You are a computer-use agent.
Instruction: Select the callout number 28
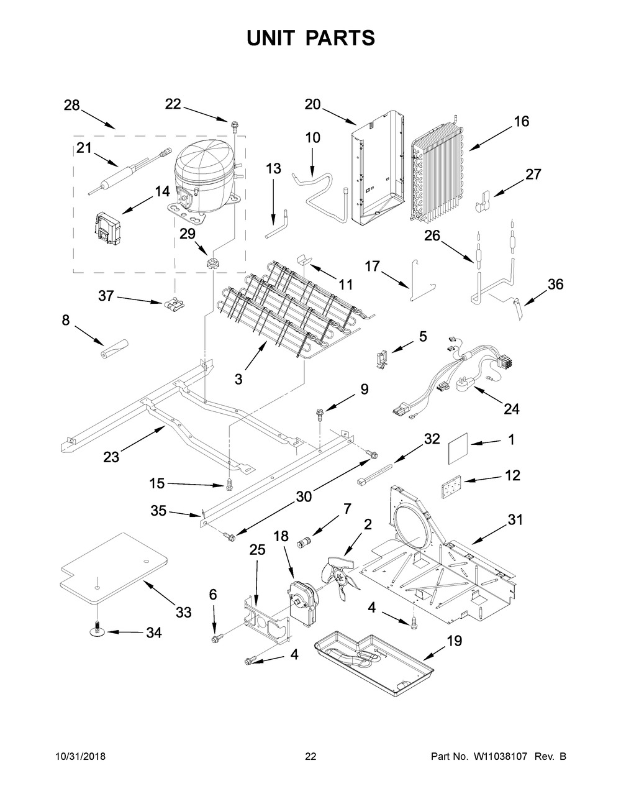pyautogui.click(x=72, y=105)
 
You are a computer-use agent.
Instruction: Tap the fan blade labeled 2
pyautogui.click(x=340, y=575)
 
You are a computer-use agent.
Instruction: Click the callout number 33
pyautogui.click(x=183, y=613)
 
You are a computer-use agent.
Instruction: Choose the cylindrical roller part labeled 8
pyautogui.click(x=114, y=349)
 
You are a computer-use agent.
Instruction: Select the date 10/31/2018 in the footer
pyautogui.click(x=80, y=756)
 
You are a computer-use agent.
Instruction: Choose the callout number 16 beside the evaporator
pyautogui.click(x=521, y=121)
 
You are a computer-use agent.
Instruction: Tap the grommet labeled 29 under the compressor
pyautogui.click(x=214, y=262)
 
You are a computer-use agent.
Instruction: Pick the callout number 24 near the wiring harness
pyautogui.click(x=511, y=409)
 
